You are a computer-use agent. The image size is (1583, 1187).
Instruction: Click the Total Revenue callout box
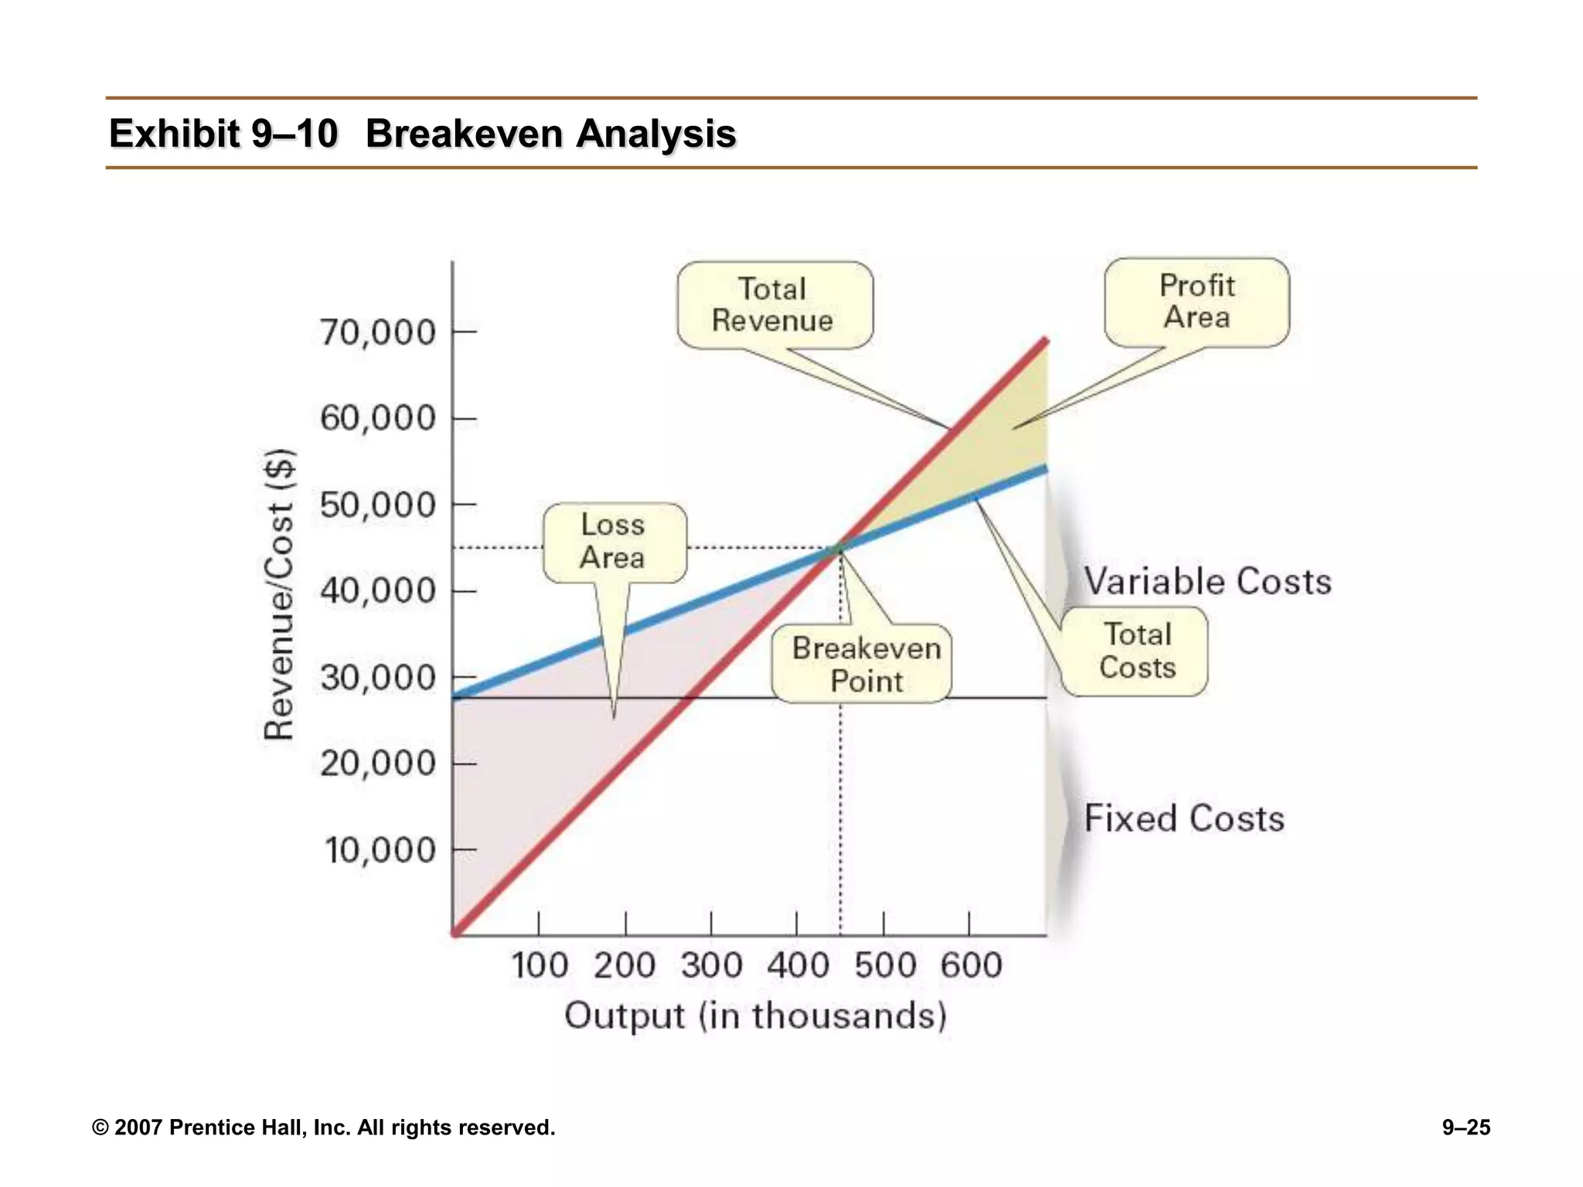tap(774, 305)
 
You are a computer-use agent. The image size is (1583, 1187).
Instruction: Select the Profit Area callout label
tap(1197, 302)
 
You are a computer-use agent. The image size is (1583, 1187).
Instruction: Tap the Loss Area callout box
tap(614, 542)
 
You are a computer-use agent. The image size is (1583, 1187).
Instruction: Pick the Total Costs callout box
tap(1136, 651)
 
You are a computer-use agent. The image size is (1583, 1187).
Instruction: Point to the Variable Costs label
tap(1207, 581)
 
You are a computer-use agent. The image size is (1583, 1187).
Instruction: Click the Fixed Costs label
tap(1183, 818)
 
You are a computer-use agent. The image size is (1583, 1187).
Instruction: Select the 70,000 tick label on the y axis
tap(378, 333)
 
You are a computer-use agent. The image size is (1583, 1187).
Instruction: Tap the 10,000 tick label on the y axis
tap(380, 851)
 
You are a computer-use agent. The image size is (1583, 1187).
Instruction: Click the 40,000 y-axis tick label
tap(378, 591)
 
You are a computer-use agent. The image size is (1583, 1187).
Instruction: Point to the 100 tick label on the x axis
tap(540, 966)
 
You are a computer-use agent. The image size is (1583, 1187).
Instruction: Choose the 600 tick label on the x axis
tap(971, 966)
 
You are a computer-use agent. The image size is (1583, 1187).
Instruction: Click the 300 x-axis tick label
tap(711, 966)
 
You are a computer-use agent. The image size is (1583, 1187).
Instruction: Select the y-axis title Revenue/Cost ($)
tap(279, 593)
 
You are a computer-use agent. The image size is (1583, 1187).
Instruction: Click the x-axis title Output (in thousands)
tap(755, 1015)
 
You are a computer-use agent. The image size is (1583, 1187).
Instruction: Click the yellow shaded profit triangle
tap(997, 448)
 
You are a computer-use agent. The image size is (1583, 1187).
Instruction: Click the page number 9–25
tap(1466, 1127)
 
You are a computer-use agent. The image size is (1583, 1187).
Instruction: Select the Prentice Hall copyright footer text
tap(323, 1127)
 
